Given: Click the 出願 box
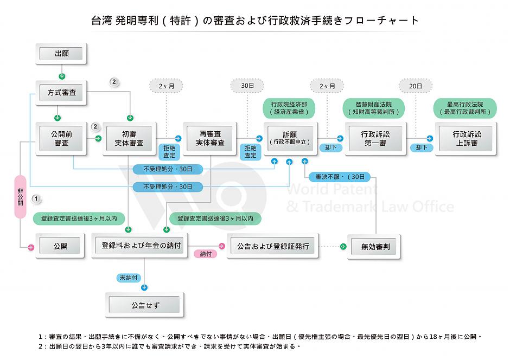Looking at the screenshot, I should point(61,54).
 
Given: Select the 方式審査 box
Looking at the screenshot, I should point(61,93).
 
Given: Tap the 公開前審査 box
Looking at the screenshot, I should point(61,139).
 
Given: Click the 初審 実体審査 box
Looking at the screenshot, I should point(129,139).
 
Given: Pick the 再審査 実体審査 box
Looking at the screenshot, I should point(210,139).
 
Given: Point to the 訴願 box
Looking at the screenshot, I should point(290,139).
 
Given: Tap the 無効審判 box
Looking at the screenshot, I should point(375,247).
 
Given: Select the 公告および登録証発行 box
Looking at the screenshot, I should point(273,246).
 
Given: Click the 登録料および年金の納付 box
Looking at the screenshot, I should point(140,246).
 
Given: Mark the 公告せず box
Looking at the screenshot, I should point(144,305).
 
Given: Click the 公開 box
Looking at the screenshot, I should point(61,246).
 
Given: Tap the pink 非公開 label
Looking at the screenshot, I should point(20,196).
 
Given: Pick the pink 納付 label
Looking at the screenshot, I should point(206,254).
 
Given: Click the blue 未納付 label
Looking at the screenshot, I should point(130,278).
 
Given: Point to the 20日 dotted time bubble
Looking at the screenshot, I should point(416,86).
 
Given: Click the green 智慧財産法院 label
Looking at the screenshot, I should point(373,107).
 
